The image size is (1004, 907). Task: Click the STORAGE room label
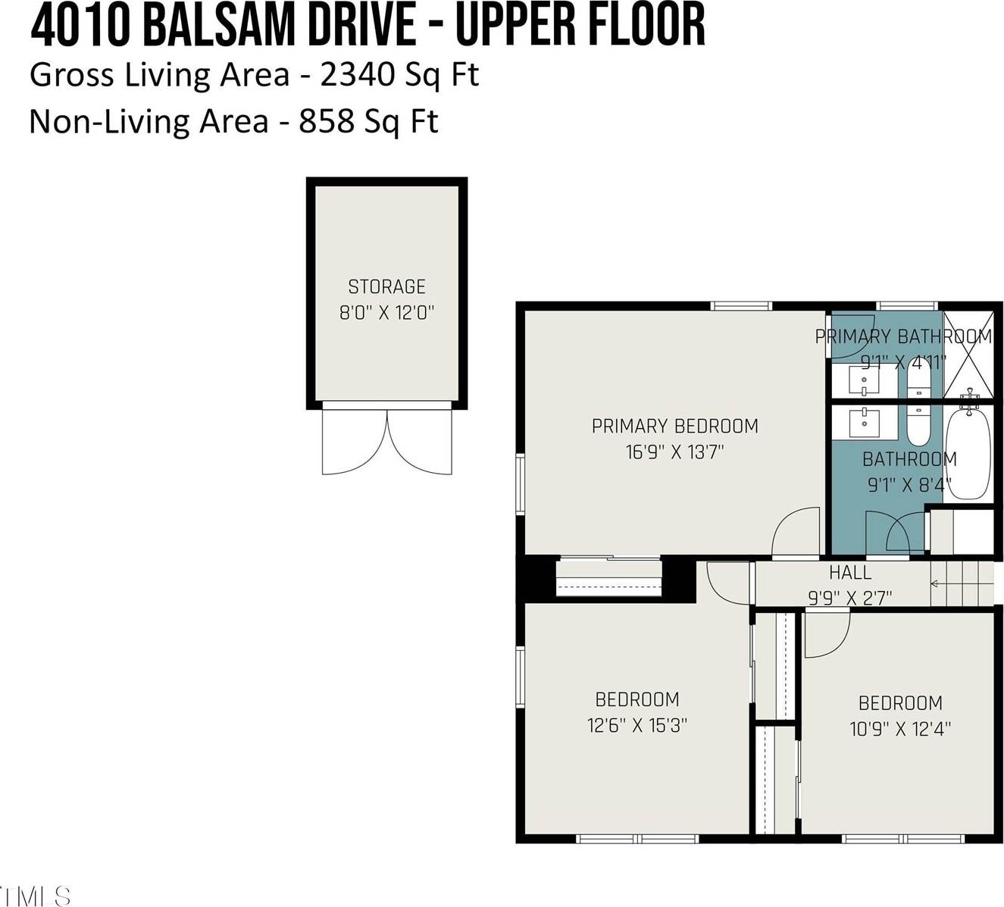[x=386, y=286]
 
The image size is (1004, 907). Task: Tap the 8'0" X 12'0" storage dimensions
[x=386, y=312]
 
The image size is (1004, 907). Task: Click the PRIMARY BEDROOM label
[x=674, y=426]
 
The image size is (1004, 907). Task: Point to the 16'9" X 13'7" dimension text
[x=674, y=452]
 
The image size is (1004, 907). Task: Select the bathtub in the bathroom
[x=968, y=453]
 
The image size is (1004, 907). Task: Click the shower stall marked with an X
[x=968, y=354]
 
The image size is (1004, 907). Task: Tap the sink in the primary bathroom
[x=864, y=380]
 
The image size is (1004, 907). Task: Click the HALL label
[x=849, y=573]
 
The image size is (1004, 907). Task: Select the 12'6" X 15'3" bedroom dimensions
[x=636, y=725]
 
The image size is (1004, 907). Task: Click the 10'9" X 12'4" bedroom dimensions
[x=900, y=729]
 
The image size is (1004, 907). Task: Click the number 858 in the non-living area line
[x=327, y=121]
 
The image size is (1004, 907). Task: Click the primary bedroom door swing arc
[x=793, y=530]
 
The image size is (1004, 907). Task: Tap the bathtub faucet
[x=969, y=396]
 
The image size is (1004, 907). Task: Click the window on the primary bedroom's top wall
[x=741, y=306]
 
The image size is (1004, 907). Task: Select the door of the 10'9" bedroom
[x=826, y=635]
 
